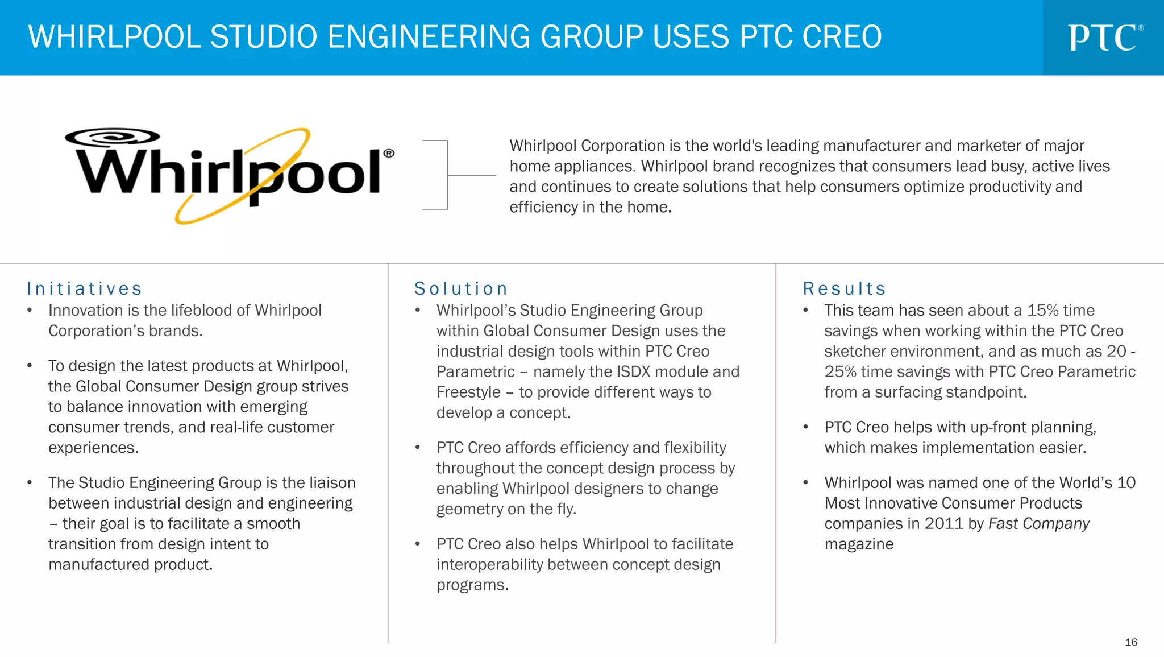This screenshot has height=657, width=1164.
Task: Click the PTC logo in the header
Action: point(1104,38)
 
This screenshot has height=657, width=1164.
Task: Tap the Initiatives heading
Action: point(85,289)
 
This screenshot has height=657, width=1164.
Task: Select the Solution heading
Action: point(461,289)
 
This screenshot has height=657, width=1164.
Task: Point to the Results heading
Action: point(845,289)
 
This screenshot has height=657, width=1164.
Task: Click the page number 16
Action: point(1130,642)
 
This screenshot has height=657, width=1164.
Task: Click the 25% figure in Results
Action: point(840,372)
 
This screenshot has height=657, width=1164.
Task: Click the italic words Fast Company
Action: point(1039,524)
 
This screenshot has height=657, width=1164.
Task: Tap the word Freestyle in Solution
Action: point(468,392)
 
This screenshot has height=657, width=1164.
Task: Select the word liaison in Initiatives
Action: point(332,483)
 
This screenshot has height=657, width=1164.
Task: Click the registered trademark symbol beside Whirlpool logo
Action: point(389,153)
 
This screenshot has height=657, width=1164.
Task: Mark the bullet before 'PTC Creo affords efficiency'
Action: point(418,448)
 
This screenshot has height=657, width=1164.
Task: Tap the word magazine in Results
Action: point(859,544)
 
